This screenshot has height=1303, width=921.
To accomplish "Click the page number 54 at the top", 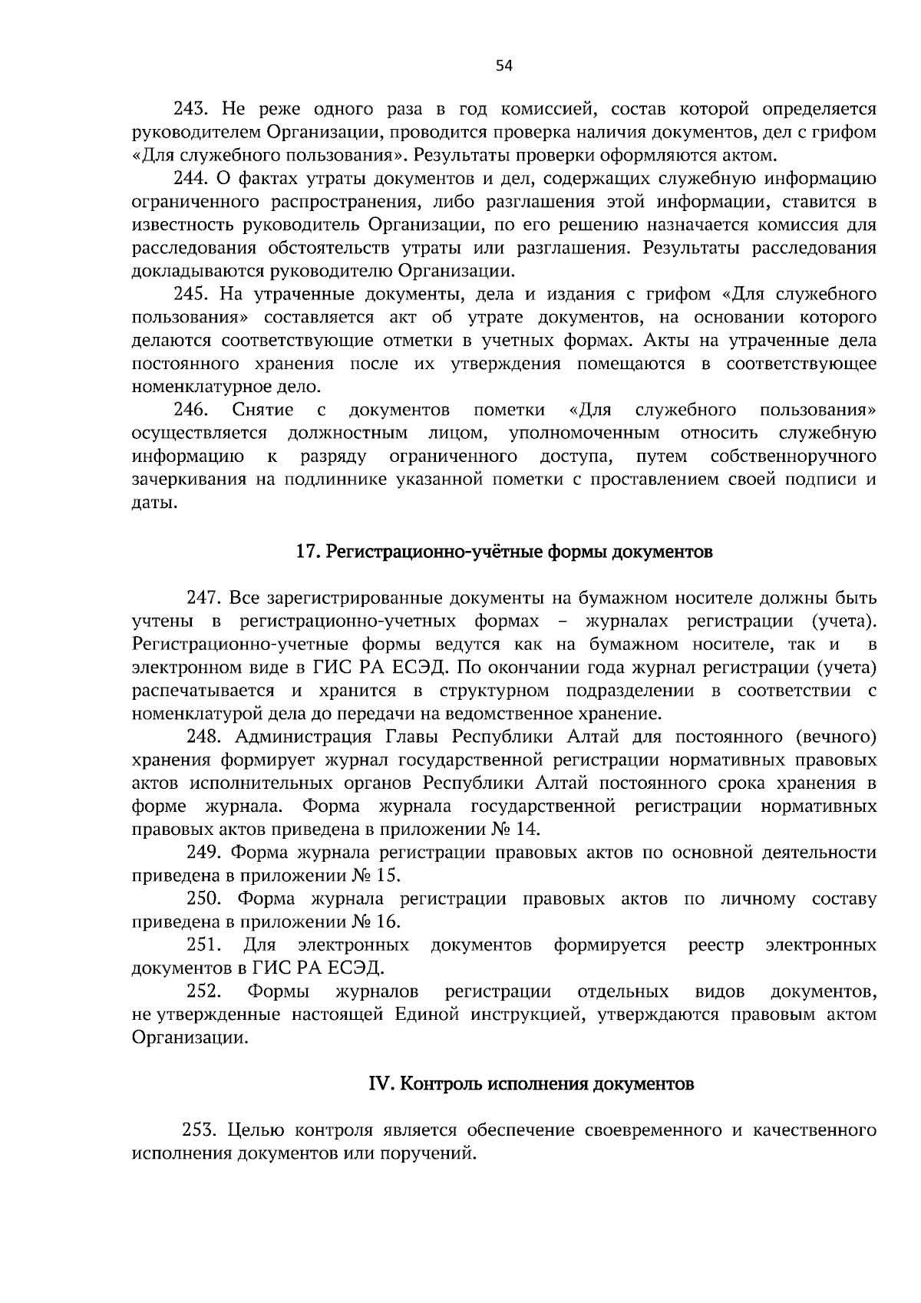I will [x=503, y=66].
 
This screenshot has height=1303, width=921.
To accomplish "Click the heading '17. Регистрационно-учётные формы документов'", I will [x=504, y=552].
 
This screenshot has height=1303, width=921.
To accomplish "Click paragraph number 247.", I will [x=205, y=598].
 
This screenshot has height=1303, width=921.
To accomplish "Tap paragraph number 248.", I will [x=205, y=737].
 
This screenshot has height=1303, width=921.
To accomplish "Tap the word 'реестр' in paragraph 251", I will [x=715, y=945].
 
